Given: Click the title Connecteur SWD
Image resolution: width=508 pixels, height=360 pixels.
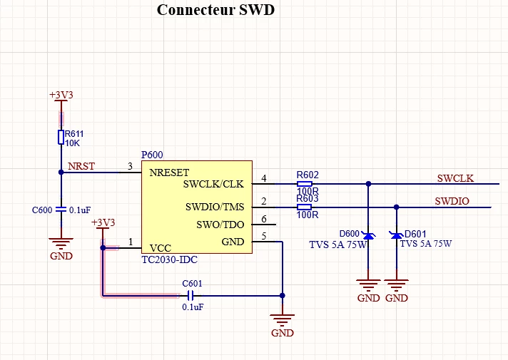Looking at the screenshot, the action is (x=215, y=10).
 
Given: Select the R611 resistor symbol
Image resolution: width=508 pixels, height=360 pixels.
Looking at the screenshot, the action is (x=61, y=137).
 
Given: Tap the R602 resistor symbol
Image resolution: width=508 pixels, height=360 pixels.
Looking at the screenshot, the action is (x=305, y=184).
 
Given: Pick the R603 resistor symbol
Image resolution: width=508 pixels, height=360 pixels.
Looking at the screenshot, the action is (x=305, y=207).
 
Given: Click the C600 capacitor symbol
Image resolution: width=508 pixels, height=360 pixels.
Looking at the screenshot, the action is (x=61, y=210).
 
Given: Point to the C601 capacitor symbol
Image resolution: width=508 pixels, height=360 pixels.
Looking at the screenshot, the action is (x=190, y=296).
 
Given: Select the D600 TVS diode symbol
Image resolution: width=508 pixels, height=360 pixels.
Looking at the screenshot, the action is (x=368, y=236).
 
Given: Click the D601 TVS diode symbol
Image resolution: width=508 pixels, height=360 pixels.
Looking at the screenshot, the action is (x=396, y=235).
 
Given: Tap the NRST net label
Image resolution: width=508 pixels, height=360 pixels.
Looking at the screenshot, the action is (x=81, y=166).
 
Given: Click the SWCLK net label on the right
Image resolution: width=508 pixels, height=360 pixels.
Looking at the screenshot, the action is (x=455, y=178).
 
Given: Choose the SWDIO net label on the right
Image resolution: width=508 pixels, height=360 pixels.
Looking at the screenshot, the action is (x=452, y=201).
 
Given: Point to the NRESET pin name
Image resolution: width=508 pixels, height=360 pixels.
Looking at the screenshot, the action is (x=169, y=173).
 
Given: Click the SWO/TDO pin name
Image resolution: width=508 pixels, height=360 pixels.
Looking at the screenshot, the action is (x=220, y=225).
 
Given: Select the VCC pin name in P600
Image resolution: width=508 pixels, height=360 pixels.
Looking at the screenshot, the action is (x=161, y=248).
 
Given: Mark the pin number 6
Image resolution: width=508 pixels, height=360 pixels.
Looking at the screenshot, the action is (x=264, y=219).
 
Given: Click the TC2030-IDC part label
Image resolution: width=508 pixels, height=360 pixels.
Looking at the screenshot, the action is (x=169, y=259).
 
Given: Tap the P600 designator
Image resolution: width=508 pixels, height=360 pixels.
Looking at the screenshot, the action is (x=152, y=155).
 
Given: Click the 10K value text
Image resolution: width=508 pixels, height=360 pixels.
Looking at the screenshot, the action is (x=72, y=143).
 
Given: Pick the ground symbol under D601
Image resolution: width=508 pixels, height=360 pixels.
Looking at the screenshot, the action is (x=396, y=285).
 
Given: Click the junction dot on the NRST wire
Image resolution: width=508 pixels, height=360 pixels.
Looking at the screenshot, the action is (x=61, y=173).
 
